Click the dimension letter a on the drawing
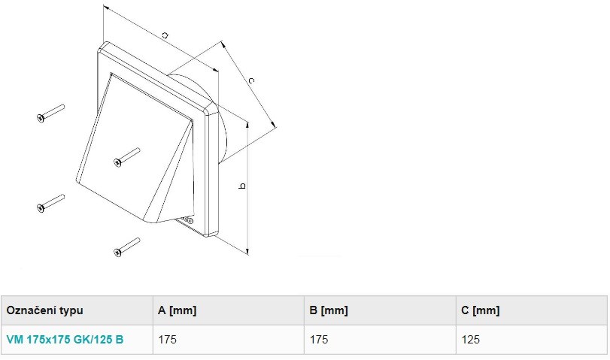point(165,35)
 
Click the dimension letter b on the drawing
point(242,186)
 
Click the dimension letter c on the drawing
point(251,80)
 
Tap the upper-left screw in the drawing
point(50,113)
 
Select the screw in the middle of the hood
point(127,157)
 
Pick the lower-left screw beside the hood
point(50,203)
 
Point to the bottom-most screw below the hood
point(127,247)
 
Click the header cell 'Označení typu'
point(44,310)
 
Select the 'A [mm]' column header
point(177,310)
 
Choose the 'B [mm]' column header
point(329,310)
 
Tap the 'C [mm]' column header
point(481,310)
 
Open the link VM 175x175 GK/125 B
point(65,340)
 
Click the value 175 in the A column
point(167,340)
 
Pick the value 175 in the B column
point(319,340)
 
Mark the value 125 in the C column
point(471,340)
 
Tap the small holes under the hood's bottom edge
point(187,221)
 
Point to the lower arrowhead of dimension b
point(247,251)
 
